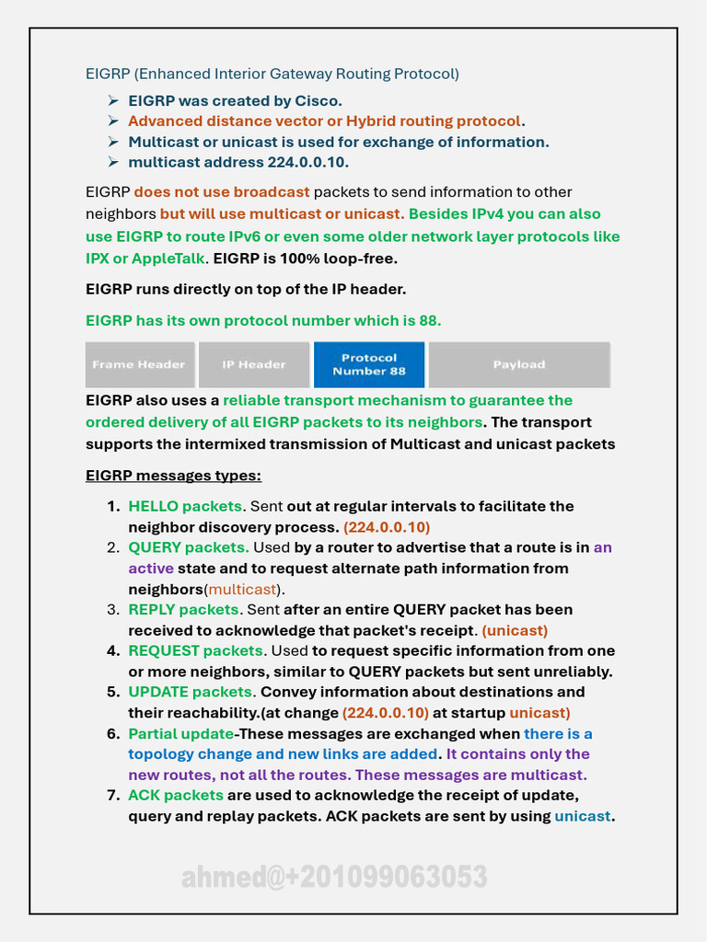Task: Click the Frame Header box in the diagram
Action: pos(140,364)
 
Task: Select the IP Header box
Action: pos(253,364)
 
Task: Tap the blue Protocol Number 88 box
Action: pos(369,364)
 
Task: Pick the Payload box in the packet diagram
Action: pos(519,364)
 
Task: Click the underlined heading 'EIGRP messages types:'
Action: pos(173,476)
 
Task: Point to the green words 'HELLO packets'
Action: pos(185,506)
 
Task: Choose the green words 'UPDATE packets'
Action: pos(191,692)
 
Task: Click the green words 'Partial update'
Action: pos(180,733)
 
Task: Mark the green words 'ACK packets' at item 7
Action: pos(176,795)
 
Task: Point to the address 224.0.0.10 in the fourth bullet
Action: pos(307,162)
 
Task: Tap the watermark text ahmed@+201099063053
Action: pos(334,877)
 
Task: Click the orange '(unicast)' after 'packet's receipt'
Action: pos(515,630)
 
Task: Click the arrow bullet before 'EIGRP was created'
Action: pos(112,100)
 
